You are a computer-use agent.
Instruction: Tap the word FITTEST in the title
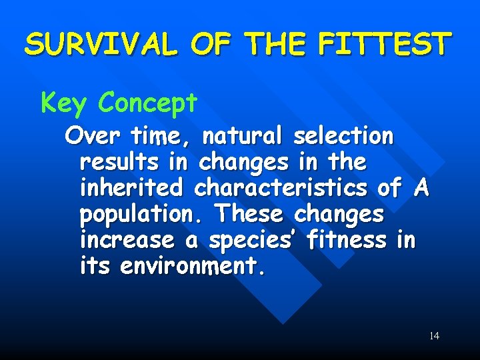coord(385,45)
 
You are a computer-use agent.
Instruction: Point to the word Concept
coord(147,103)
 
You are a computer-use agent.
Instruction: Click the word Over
coord(93,136)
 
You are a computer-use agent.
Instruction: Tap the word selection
coord(343,136)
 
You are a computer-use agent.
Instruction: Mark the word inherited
coord(131,188)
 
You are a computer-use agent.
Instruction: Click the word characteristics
coord(280,188)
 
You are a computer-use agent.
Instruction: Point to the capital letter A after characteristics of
coord(420,188)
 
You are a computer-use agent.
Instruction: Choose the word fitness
coord(347,240)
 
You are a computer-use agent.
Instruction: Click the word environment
coord(193,267)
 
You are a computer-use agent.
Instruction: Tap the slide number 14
coord(434,335)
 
